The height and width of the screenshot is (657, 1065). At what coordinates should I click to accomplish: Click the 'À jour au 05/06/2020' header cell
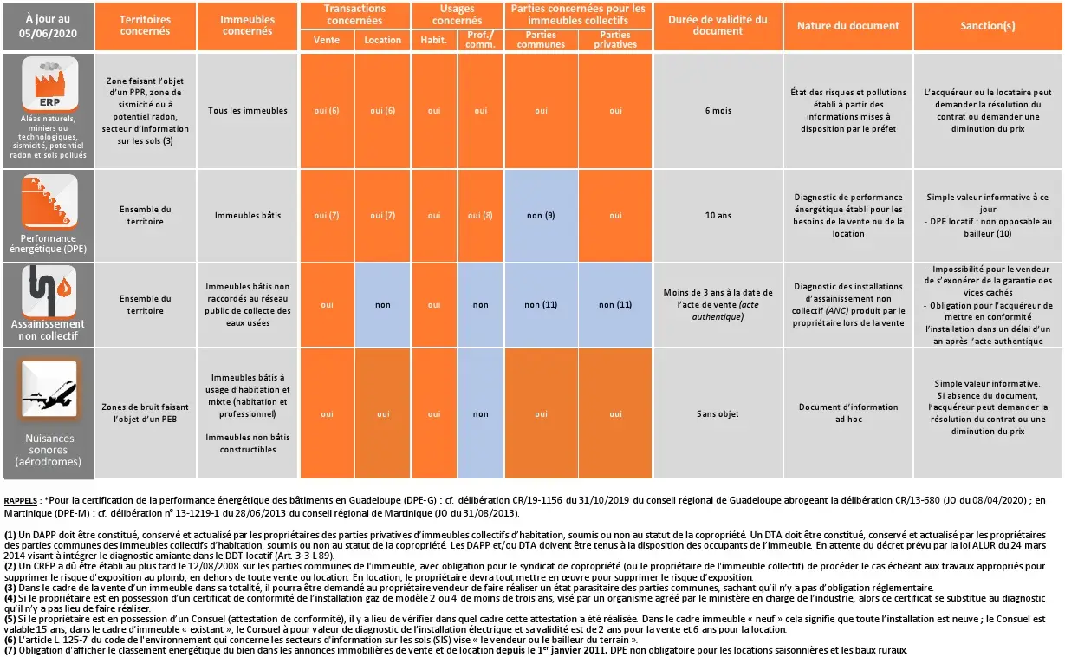47,25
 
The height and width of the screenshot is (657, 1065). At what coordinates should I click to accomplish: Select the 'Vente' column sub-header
326,40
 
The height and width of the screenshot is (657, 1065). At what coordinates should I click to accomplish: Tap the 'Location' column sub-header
382,40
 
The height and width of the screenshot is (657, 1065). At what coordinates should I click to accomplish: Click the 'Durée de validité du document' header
718,25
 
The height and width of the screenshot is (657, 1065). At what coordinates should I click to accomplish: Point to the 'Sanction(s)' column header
987,26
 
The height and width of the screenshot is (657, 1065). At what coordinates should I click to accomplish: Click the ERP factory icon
49,85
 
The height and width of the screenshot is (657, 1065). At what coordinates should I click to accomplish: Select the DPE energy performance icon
49,202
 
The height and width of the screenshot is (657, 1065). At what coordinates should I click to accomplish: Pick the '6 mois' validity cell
718,111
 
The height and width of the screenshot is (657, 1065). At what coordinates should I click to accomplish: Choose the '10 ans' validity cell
718,215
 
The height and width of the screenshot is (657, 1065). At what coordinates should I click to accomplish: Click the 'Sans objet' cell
718,414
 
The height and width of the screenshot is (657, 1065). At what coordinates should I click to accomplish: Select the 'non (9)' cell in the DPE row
541,215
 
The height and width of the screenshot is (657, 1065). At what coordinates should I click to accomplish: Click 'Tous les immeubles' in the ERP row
248,111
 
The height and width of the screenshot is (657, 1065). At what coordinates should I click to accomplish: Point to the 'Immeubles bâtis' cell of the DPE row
248,215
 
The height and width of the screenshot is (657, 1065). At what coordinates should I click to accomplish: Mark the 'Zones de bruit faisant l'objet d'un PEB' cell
146,414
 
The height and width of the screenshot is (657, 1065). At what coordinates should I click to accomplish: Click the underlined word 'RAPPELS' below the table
21,501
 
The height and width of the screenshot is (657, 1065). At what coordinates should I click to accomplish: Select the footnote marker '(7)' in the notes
10,650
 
